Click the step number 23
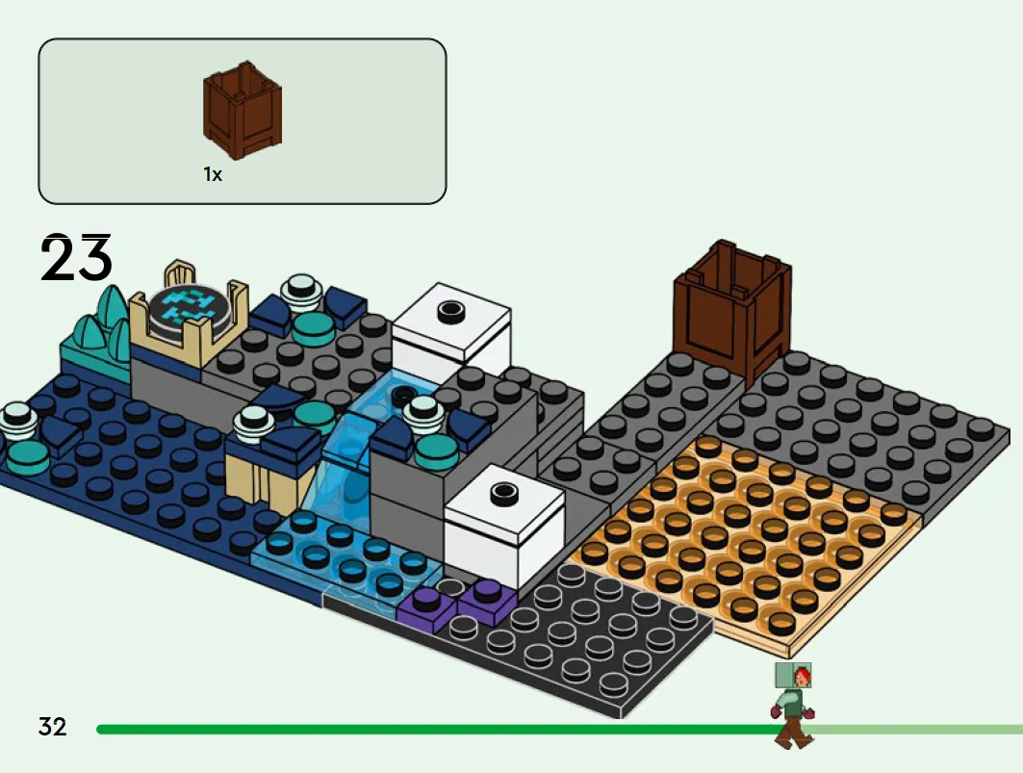[x=76, y=258]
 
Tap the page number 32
[x=53, y=727]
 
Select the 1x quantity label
[x=213, y=174]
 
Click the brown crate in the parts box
[x=243, y=110]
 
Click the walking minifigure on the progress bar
[x=793, y=705]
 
